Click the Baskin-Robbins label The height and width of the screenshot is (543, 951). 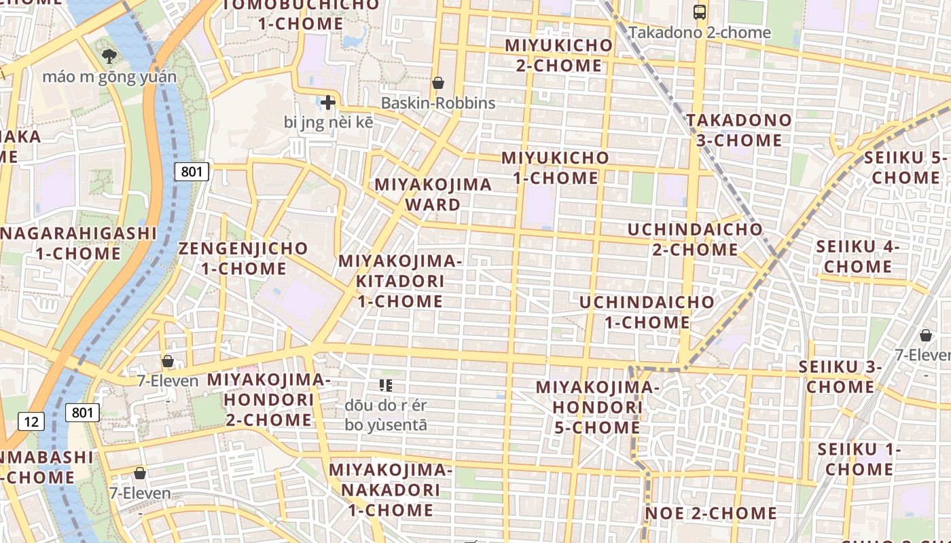(438, 103)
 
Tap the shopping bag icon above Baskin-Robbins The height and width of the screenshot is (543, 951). (438, 83)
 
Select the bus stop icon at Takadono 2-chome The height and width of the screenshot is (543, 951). (699, 12)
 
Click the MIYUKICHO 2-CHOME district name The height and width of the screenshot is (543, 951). (558, 56)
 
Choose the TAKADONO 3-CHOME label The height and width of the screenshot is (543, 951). (739, 130)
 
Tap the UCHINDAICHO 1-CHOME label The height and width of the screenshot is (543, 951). (647, 312)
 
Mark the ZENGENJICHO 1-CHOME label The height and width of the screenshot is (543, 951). (243, 258)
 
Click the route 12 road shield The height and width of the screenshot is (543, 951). (31, 422)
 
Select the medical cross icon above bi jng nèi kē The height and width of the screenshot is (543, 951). (328, 103)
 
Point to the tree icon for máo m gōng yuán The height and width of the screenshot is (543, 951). (108, 56)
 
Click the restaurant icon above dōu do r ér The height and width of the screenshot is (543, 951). (386, 386)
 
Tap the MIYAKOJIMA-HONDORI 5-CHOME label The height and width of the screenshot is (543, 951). (598, 407)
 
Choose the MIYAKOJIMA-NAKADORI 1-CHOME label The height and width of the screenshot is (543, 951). (390, 489)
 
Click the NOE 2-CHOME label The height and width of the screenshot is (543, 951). (711, 513)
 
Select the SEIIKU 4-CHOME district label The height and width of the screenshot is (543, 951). (858, 257)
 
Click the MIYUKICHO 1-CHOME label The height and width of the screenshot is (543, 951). (556, 168)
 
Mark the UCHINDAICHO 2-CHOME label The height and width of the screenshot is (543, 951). (695, 239)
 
